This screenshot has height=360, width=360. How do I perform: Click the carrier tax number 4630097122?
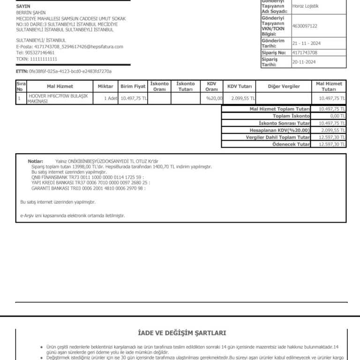[x=304, y=26]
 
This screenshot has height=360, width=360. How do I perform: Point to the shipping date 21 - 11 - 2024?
[x=306, y=44]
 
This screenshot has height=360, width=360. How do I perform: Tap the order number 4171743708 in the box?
[x=304, y=53]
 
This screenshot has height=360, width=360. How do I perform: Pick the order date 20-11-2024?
[x=304, y=62]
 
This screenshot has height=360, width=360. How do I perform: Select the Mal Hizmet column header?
[x=60, y=86]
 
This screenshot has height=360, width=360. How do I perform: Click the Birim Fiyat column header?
[x=133, y=86]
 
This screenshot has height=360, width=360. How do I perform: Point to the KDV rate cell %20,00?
[x=214, y=98]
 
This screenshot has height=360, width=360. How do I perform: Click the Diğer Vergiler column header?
[x=284, y=86]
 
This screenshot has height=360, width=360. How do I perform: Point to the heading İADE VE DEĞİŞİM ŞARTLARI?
[x=182, y=333]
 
